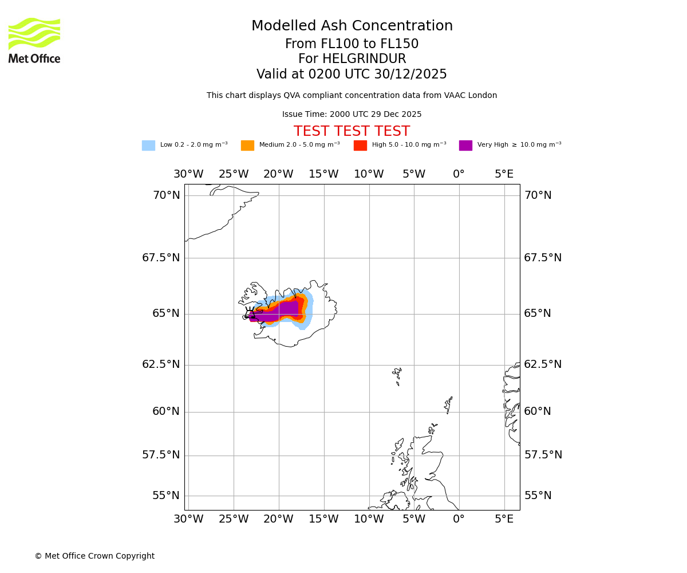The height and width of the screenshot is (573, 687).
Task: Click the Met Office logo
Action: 34,40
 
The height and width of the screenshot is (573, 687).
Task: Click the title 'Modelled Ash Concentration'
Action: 352,26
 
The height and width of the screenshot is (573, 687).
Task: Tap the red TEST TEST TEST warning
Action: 352,132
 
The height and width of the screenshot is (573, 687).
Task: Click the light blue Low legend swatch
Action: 148,146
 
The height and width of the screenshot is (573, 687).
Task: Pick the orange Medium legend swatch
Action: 247,146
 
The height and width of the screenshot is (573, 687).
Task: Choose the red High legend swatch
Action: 360,146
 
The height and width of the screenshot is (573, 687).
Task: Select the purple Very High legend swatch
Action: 465,146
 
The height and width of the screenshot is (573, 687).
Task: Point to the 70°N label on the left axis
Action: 166,195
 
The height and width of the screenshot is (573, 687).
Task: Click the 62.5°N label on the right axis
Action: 543,364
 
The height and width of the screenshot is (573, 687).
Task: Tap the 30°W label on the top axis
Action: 188,174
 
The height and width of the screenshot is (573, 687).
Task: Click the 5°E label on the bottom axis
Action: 504,519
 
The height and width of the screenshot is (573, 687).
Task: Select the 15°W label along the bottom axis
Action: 324,519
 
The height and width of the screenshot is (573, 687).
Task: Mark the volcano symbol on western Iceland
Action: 250,312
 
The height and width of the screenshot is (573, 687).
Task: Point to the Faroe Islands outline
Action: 397,375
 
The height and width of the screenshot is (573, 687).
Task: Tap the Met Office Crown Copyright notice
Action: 94,556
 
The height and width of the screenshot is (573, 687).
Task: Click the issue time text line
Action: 352,115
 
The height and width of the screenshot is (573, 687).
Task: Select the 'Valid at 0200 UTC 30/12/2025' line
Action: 352,74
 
